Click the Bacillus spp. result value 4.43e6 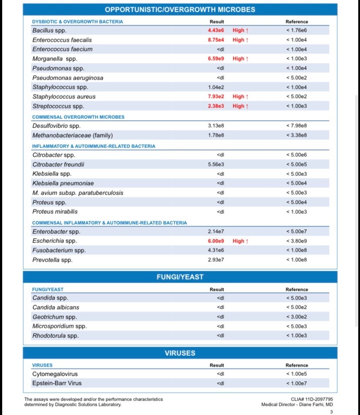(216, 30)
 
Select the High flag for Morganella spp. (240, 59)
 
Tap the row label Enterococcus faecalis (62, 40)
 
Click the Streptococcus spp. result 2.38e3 (216, 106)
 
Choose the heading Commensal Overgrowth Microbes (78, 117)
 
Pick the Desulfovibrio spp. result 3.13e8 (216, 126)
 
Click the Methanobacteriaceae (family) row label (69, 135)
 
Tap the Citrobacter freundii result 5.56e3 (216, 165)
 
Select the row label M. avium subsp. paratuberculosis (77, 193)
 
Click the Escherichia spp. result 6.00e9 (216, 241)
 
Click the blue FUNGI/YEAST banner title (180, 277)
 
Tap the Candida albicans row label (56, 307)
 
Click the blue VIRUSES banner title (180, 353)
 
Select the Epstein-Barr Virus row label (57, 384)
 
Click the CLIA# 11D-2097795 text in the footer (312, 399)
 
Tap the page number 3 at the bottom (331, 412)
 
